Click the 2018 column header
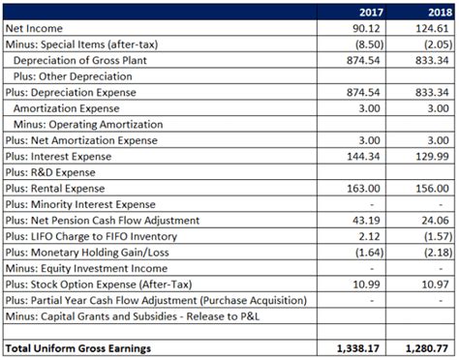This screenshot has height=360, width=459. (434, 13)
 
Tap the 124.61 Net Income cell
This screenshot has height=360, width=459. (432, 29)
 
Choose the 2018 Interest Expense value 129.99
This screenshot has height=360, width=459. (432, 156)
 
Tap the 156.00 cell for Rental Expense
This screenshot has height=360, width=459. (432, 188)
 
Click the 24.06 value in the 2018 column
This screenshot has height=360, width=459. (434, 220)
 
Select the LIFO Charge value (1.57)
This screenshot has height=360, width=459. (434, 236)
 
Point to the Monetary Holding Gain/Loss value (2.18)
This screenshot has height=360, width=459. (434, 252)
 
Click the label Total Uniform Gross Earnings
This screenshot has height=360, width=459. (78, 346)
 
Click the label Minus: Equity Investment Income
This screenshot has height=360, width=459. (86, 268)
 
